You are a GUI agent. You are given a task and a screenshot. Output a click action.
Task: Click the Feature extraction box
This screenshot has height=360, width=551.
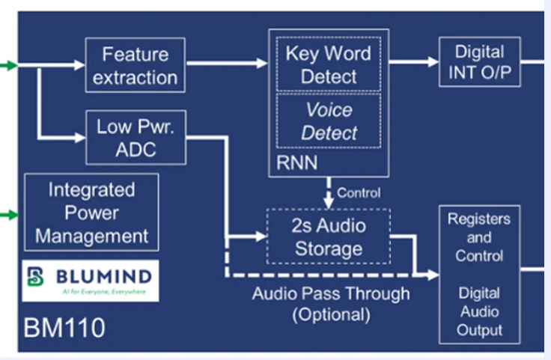135,65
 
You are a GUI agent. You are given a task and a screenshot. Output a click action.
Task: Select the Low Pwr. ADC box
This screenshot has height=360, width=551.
135,138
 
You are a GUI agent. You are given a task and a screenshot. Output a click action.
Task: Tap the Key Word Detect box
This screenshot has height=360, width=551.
329,65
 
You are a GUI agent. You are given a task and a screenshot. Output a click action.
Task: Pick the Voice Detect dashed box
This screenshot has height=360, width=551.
329,122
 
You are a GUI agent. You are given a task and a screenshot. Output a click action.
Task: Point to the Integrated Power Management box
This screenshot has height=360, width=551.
92,213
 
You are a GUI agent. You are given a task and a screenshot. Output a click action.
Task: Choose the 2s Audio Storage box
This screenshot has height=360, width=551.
329,237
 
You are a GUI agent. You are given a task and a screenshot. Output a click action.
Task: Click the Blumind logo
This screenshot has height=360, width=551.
91,280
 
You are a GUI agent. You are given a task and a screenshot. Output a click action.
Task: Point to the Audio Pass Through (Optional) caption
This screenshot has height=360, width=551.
330,304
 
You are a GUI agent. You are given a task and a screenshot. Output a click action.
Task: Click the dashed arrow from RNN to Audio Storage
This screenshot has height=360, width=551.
328,193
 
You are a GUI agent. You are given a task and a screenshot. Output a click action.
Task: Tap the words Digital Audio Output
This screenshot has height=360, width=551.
479,313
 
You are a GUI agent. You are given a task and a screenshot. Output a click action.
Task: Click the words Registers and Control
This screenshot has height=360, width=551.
479,237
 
